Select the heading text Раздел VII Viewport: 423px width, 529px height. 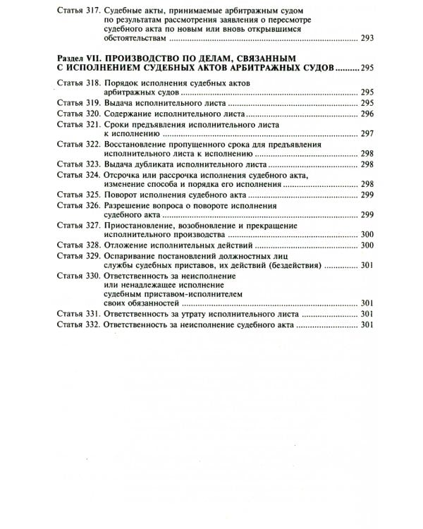79,57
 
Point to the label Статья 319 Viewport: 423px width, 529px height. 77,102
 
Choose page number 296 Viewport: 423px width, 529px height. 367,113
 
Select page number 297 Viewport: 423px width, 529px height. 367,133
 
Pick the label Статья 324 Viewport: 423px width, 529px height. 77,174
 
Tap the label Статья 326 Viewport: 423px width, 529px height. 77,205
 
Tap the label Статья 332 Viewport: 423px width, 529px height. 77,325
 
